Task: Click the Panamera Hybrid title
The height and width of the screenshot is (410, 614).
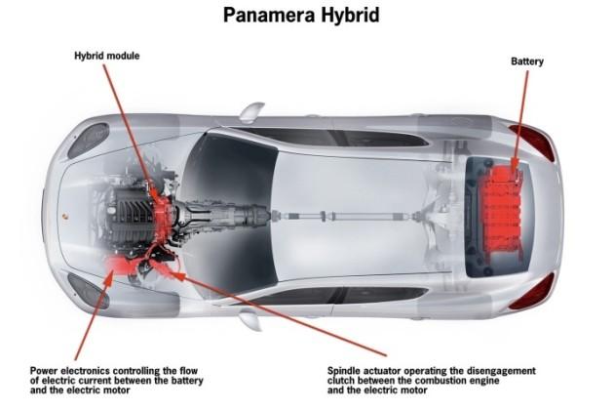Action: pos(301,16)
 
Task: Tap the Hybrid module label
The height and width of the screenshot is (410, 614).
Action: pos(107,56)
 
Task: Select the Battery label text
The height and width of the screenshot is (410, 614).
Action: pos(527,61)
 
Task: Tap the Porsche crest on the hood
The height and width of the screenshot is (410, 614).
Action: pos(64,216)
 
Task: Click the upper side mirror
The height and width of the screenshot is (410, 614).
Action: pos(251,111)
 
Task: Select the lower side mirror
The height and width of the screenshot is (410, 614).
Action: pos(250,318)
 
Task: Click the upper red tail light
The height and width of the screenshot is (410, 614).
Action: pos(532,142)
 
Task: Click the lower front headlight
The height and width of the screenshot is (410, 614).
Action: pos(87,290)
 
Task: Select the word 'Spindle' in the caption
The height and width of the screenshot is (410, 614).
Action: pos(344,371)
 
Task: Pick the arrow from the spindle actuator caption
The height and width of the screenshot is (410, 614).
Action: pos(279,312)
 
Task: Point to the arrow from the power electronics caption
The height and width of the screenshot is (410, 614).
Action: pos(94,314)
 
